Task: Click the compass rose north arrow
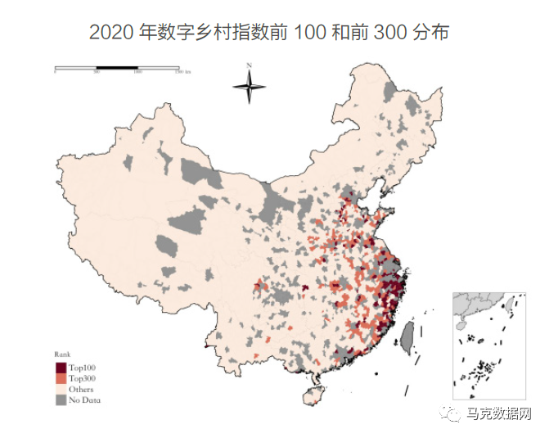(x=249, y=84)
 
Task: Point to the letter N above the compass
(x=249, y=65)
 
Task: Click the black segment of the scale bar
(x=116, y=66)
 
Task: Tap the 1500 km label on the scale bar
(x=182, y=73)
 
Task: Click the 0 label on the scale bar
(x=55, y=73)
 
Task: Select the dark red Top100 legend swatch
(x=61, y=368)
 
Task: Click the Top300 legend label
(x=83, y=379)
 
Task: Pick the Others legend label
(x=81, y=390)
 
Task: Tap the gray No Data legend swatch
(x=61, y=400)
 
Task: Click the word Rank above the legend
(x=61, y=355)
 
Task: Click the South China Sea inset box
(x=489, y=344)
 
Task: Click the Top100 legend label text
(x=83, y=368)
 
